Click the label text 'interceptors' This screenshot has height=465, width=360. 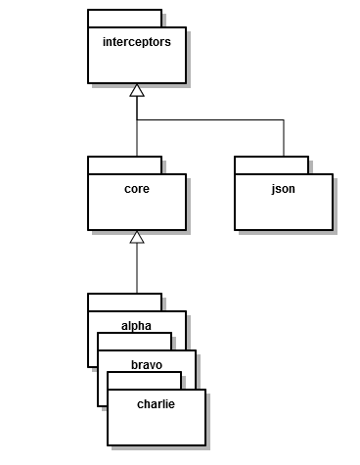[x=136, y=42]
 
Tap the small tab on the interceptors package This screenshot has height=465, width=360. [x=124, y=18]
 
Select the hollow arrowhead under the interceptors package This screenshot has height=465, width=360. [x=137, y=90]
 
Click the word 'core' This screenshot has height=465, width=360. [x=136, y=189]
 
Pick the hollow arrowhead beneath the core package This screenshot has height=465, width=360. [x=137, y=237]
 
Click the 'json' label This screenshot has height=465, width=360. [x=284, y=189]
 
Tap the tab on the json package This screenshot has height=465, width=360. [x=271, y=164]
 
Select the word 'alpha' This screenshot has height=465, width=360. [x=136, y=324]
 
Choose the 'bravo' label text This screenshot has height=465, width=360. [x=146, y=363]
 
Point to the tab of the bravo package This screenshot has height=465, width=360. [x=134, y=341]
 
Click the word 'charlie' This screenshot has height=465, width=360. [x=156, y=402]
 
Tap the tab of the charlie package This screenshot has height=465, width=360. [x=144, y=380]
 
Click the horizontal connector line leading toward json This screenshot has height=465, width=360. [x=210, y=119]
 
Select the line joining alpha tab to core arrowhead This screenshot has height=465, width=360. [x=137, y=269]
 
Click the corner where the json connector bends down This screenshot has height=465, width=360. [x=284, y=119]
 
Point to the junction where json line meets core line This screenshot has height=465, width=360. [x=137, y=119]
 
